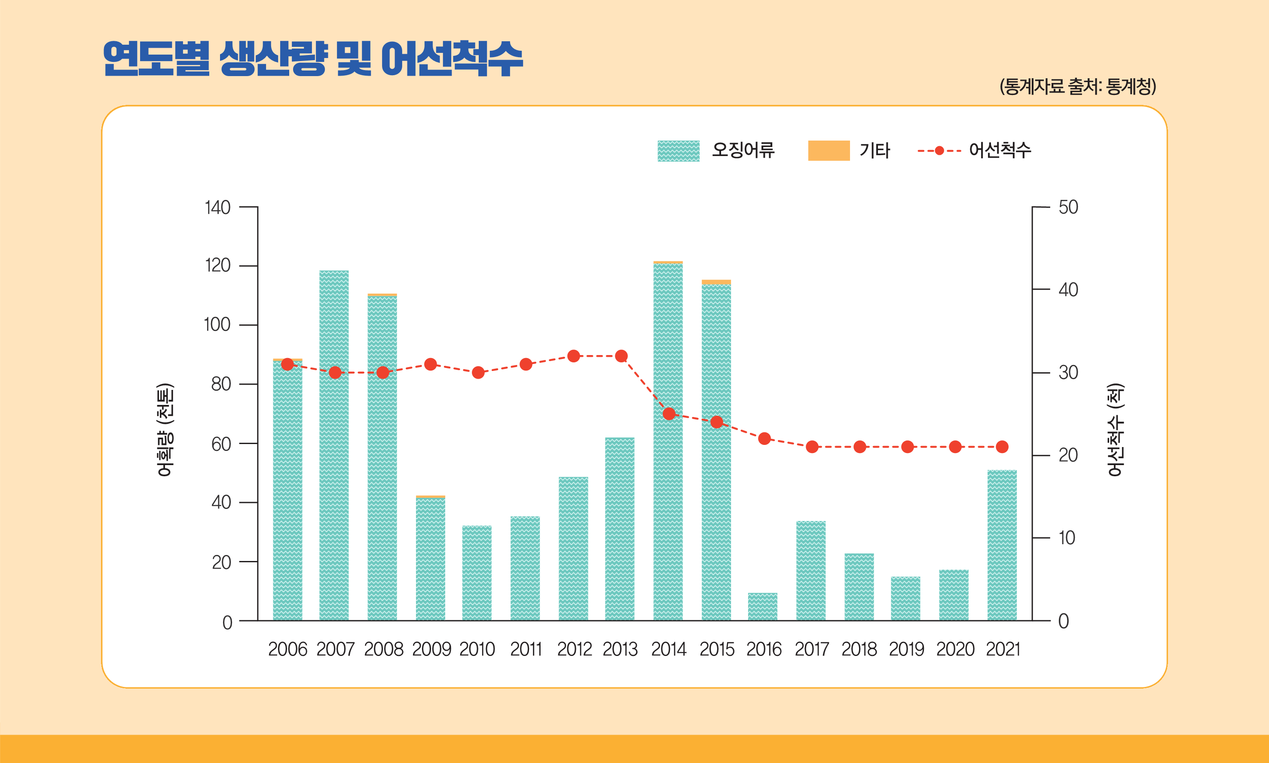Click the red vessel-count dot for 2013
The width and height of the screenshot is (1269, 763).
621,356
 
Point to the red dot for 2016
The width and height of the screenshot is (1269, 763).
764,438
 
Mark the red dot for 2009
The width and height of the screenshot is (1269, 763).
431,365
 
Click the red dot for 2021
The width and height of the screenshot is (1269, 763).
1002,447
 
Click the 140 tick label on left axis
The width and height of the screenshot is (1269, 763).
217,208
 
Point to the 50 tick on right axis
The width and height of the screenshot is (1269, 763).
1068,207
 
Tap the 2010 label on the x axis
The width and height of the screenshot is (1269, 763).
477,650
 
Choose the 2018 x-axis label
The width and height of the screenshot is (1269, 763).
859,650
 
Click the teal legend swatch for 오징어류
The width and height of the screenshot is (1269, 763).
679,150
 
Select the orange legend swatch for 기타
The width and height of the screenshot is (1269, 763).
829,150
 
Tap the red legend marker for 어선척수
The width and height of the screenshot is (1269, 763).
939,150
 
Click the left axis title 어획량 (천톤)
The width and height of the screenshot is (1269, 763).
165,430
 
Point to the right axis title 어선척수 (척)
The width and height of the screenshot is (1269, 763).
1115,430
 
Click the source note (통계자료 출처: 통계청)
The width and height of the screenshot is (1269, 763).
1078,86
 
